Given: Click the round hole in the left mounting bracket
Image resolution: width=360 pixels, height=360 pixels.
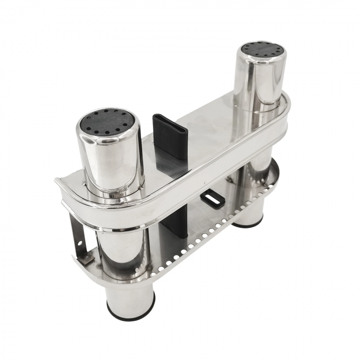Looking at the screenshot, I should (79, 243).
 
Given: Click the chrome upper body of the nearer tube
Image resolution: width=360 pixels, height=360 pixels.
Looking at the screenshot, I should (111, 158).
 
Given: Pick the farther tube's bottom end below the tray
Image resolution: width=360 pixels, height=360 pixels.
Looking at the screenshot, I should (248, 216).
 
